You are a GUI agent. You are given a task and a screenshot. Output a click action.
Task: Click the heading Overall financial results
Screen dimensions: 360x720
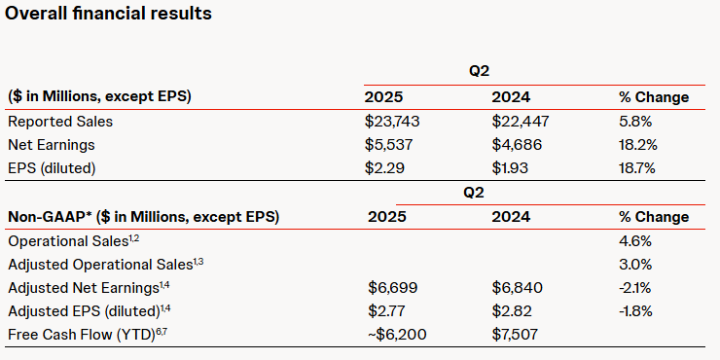107,15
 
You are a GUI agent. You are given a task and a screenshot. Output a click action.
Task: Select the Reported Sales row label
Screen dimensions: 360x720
60,122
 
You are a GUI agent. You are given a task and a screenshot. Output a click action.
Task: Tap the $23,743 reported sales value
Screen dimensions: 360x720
393,122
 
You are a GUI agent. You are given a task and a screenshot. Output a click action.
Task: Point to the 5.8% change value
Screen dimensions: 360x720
636,122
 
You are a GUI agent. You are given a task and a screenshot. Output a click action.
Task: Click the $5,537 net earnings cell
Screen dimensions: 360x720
390,145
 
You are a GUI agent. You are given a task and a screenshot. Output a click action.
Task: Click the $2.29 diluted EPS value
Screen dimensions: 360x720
385,168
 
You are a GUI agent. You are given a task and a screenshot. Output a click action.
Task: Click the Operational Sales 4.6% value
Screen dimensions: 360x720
636,240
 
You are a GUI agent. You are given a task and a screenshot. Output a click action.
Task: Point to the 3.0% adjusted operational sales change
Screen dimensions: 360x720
636,264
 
